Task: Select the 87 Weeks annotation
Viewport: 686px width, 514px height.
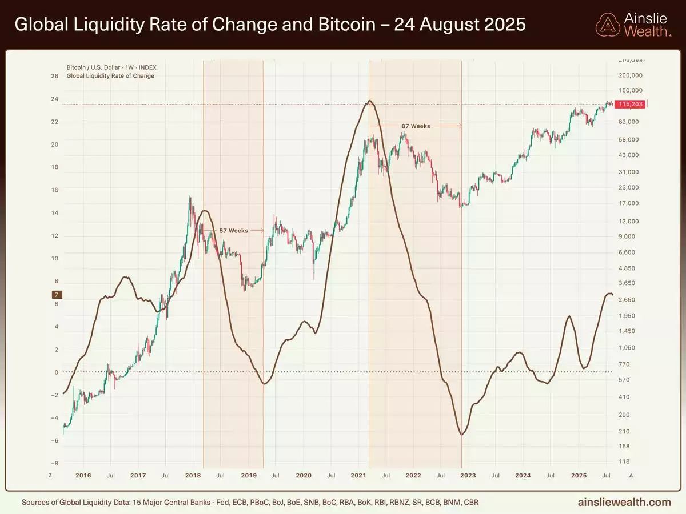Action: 415,126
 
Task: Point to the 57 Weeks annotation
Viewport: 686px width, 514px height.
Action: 234,231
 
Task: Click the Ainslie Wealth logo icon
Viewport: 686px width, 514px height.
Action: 607,25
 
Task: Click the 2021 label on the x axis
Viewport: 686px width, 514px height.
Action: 358,475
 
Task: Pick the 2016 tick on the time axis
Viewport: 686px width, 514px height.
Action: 83,475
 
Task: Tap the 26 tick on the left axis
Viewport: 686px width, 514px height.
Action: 55,75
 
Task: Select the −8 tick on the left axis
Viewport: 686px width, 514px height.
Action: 54,463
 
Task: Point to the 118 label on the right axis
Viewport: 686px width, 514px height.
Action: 625,461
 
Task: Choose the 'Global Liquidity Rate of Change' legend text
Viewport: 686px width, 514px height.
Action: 110,76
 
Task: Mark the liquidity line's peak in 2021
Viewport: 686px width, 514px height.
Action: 370,101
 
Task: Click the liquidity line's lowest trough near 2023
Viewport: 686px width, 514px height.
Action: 461,435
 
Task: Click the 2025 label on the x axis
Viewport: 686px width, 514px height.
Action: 579,475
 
